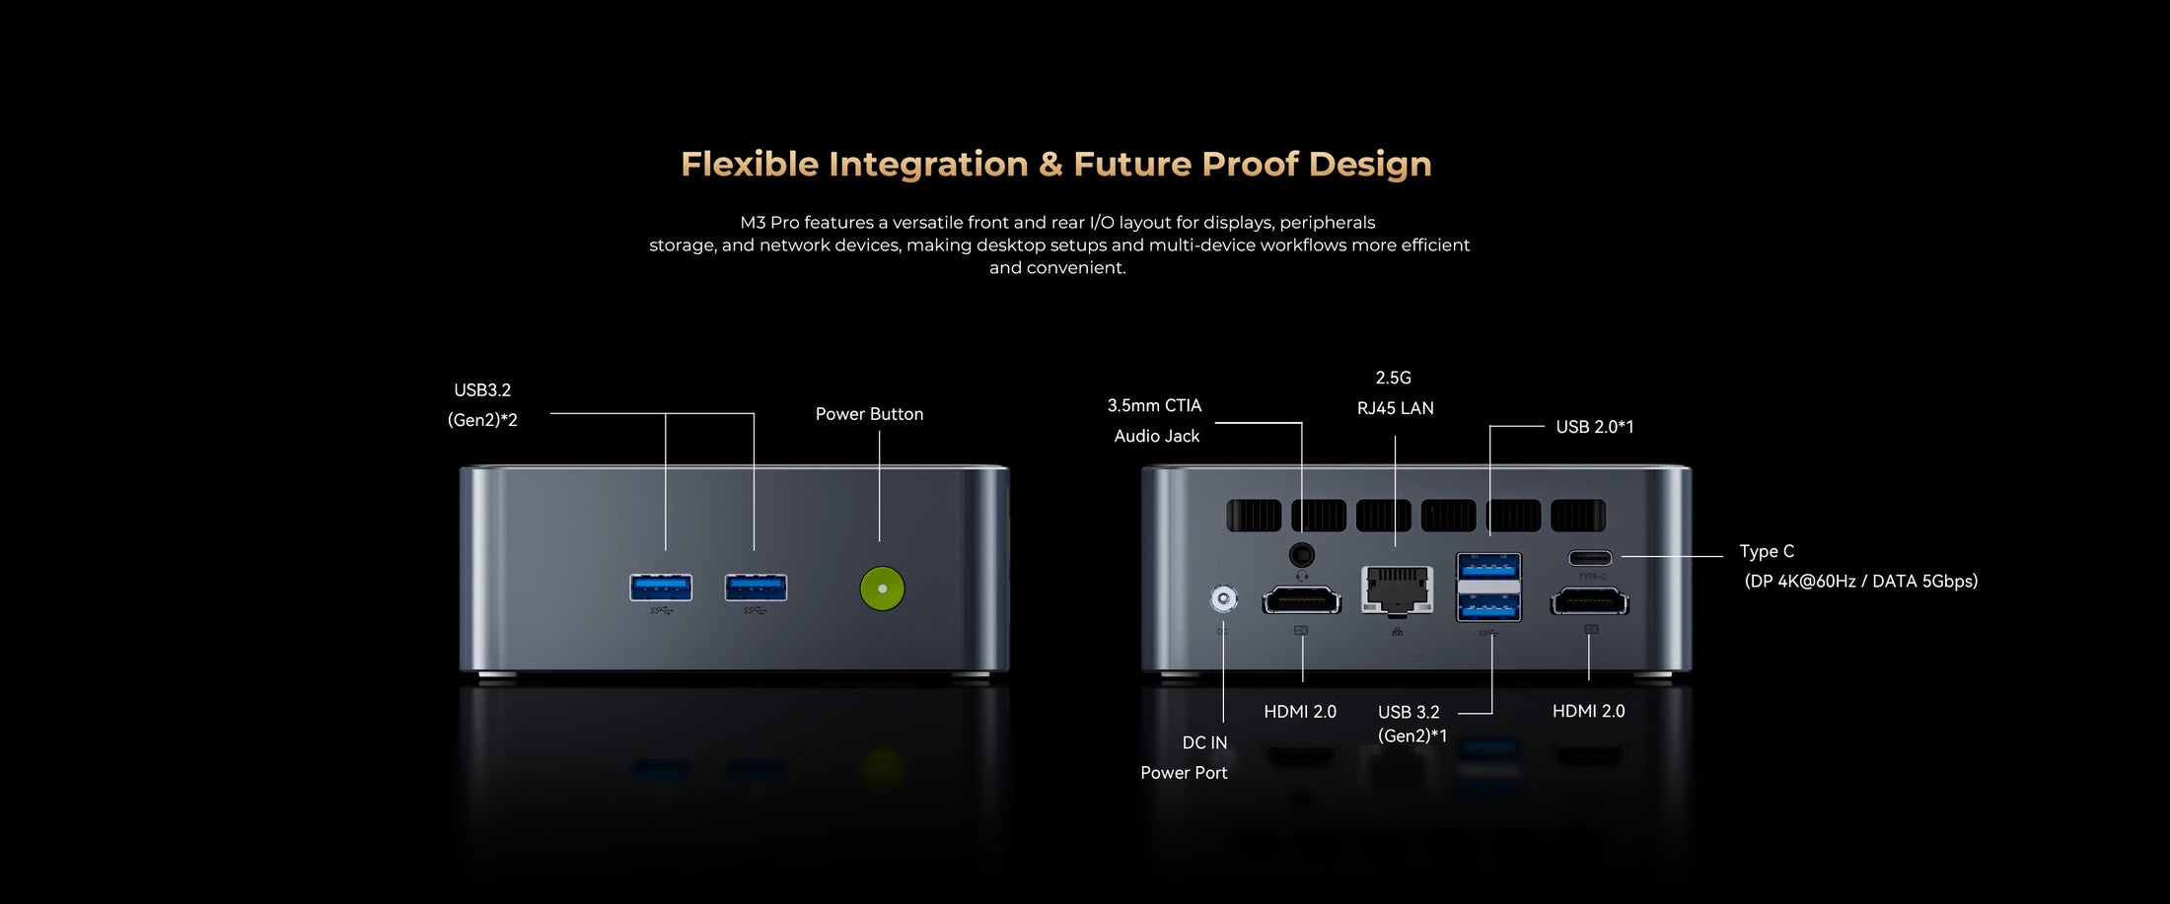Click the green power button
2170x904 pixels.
pos(882,589)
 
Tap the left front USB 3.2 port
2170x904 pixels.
pos(661,588)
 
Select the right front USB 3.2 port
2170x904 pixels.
pos(756,588)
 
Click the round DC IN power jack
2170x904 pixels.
pos(1223,598)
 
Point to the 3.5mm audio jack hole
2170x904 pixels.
pos(1302,555)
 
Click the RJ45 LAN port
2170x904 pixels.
pos(1397,591)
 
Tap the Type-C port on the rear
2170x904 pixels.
pos(1590,558)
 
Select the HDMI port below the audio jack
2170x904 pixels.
pos(1302,599)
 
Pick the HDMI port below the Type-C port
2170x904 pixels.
pos(1590,599)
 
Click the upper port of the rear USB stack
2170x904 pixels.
pos(1489,568)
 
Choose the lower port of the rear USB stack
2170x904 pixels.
pos(1489,607)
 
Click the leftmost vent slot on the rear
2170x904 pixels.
pos(1254,516)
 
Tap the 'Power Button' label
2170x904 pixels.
pos(869,414)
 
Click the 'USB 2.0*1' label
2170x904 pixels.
pos(1595,427)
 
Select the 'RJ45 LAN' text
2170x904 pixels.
pos(1396,408)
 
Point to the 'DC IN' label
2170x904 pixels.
pos(1204,742)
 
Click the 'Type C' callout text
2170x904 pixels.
pos(1767,551)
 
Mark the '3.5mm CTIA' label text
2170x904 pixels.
pos(1154,405)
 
